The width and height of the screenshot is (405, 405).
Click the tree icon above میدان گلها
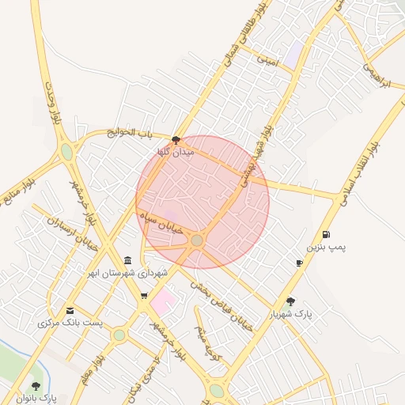(x=176, y=139)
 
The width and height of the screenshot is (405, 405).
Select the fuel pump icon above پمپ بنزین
(x=327, y=234)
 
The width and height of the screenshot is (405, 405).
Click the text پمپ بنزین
(x=327, y=248)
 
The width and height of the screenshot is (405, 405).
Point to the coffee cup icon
(x=299, y=263)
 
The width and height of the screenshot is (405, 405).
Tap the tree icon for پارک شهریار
(x=291, y=301)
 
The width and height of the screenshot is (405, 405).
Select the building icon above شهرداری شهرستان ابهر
(x=127, y=261)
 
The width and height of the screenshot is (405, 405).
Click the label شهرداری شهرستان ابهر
(x=127, y=273)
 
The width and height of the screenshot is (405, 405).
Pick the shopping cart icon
(x=144, y=296)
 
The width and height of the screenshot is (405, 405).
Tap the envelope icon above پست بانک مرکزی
(x=70, y=310)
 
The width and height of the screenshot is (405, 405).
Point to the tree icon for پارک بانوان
(x=36, y=385)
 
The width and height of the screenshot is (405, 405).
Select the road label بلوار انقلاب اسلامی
(x=360, y=174)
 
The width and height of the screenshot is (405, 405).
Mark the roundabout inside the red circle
(x=197, y=240)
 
